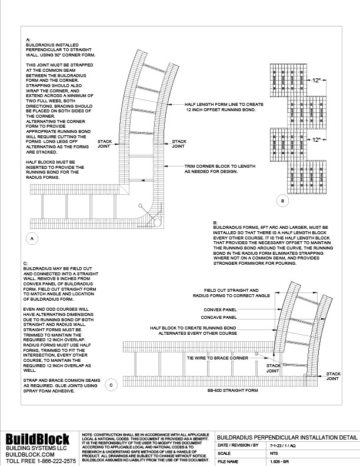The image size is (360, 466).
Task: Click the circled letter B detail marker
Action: pos(282,201)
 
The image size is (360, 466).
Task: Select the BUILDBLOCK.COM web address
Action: pos(31,454)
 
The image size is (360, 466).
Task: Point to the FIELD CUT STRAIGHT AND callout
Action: pos(231,291)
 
